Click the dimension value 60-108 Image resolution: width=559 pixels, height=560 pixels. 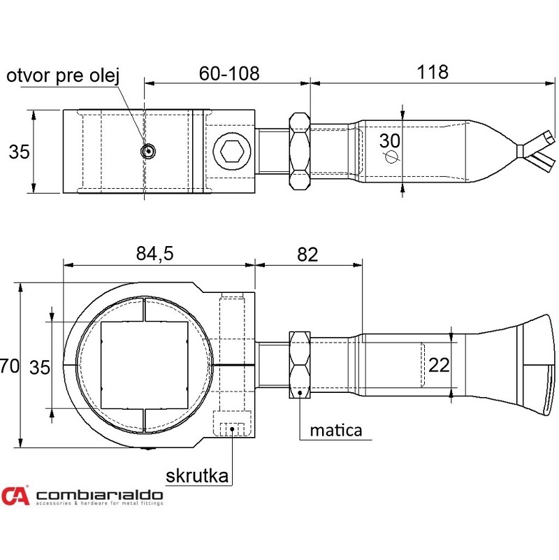click(x=228, y=73)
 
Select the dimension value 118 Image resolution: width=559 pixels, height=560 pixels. click(x=433, y=72)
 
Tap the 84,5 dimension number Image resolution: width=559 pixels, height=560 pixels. click(x=154, y=254)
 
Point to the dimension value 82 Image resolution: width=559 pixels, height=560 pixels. click(x=307, y=254)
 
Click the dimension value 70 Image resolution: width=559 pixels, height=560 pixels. click(x=10, y=366)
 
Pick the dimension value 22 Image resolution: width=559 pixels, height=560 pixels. click(x=439, y=365)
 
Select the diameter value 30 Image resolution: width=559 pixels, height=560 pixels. click(x=389, y=141)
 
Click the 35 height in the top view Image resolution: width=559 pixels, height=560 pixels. click(x=19, y=152)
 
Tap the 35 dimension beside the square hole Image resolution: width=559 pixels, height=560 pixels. click(x=40, y=368)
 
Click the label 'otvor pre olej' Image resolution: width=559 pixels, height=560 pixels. click(x=63, y=76)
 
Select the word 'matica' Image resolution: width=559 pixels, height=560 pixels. click(x=336, y=431)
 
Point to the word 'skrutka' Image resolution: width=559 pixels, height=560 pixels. click(x=197, y=475)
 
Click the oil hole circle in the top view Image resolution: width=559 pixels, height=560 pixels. click(x=147, y=151)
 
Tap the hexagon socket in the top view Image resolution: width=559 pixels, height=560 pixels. click(x=232, y=152)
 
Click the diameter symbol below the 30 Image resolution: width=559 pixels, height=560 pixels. click(x=391, y=156)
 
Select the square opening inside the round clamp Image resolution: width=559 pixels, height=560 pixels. click(x=145, y=365)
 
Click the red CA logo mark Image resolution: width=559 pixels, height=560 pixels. click(x=15, y=496)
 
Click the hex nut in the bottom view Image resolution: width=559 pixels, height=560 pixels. click(x=300, y=365)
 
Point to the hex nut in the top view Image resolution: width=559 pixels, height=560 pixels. click(x=300, y=151)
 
